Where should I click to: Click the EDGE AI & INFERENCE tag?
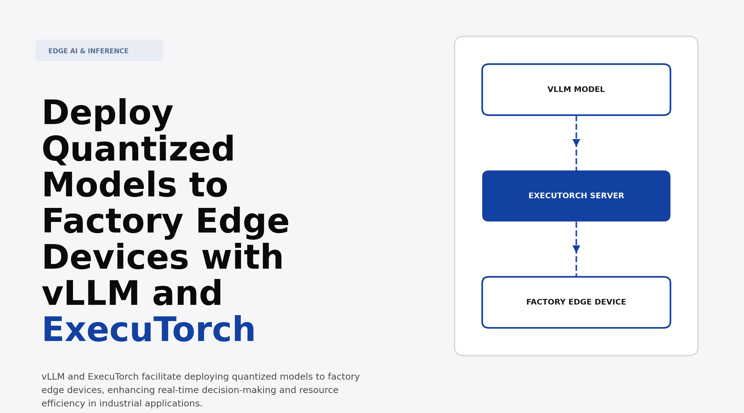click(x=99, y=50)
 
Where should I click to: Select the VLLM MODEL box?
click(x=576, y=90)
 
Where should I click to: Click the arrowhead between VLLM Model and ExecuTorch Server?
click(x=576, y=143)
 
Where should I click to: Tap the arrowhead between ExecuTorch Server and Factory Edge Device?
click(x=576, y=249)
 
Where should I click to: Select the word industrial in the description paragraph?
click(x=120, y=404)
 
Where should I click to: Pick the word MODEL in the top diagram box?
click(x=589, y=90)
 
